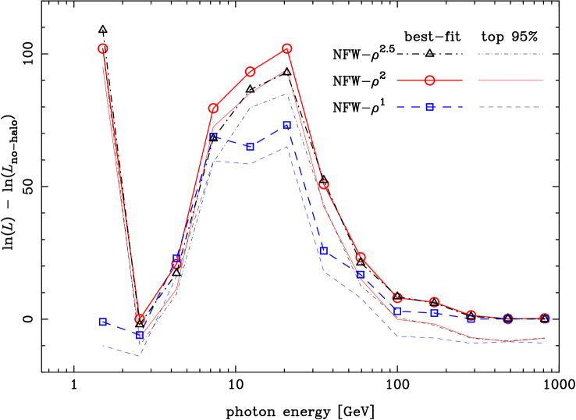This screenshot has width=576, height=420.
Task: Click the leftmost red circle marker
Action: point(103,48)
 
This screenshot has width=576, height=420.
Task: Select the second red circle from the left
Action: point(140,319)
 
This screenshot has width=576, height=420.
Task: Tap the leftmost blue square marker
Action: point(103,321)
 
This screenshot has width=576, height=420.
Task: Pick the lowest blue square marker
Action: point(140,335)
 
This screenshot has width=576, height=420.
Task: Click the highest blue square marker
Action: point(286,125)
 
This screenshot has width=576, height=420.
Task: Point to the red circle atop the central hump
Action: point(286,48)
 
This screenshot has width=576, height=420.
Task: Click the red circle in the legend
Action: point(429,80)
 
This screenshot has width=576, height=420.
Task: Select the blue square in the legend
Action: point(429,107)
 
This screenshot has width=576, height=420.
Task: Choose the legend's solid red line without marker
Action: point(510,80)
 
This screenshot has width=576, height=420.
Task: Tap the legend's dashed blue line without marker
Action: point(510,107)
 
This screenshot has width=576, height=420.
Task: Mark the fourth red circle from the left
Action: point(213,108)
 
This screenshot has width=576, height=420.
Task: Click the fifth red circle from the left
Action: point(250,72)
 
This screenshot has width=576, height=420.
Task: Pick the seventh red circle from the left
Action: point(323,184)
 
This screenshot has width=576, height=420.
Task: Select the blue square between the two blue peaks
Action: point(250,146)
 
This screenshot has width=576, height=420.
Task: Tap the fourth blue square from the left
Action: point(213,136)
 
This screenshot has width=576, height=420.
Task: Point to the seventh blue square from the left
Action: point(323,251)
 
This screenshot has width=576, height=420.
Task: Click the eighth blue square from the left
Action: point(361,275)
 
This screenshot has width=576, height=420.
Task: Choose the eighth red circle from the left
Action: point(361,257)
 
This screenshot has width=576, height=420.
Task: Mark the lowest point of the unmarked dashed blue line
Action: point(140,355)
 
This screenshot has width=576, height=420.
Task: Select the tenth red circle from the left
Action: point(434,302)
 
